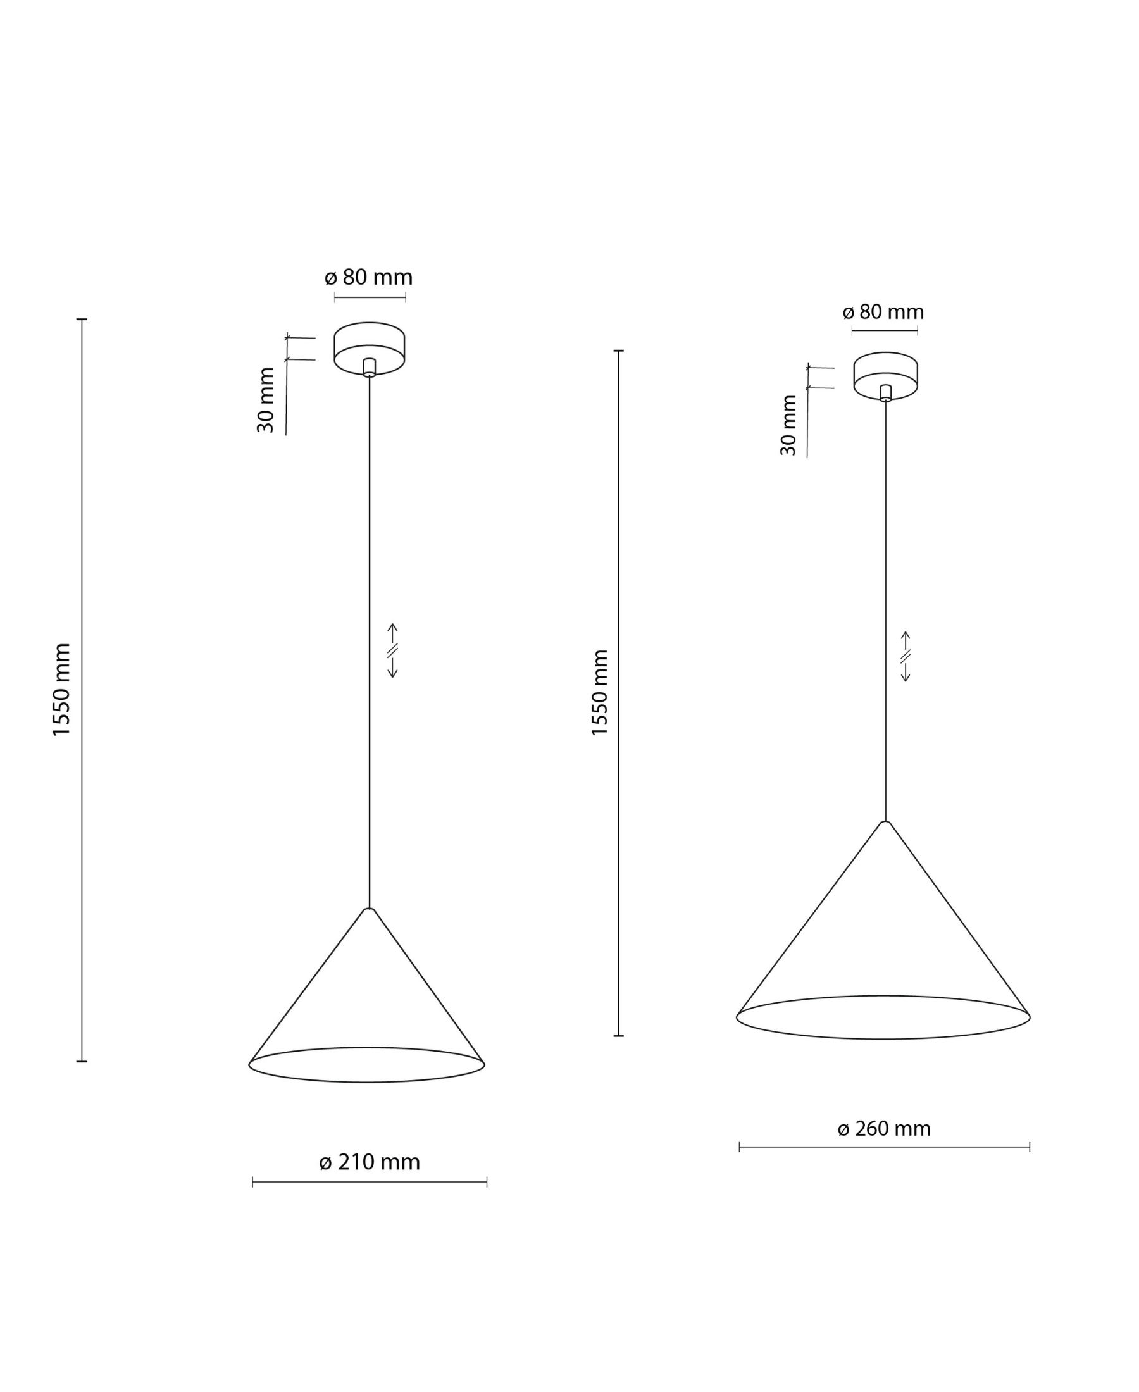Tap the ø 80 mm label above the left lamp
(369, 278)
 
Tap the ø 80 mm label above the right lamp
(883, 311)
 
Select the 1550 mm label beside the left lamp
(61, 690)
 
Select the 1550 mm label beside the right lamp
(601, 693)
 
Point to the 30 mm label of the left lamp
(266, 400)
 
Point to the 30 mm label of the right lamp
(788, 425)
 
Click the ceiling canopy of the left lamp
(370, 341)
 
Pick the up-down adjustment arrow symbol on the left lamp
(392, 650)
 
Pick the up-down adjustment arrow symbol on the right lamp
(906, 657)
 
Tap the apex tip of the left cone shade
(370, 909)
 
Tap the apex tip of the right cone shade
(885, 822)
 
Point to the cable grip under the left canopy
(370, 367)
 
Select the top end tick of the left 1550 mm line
(82, 320)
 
